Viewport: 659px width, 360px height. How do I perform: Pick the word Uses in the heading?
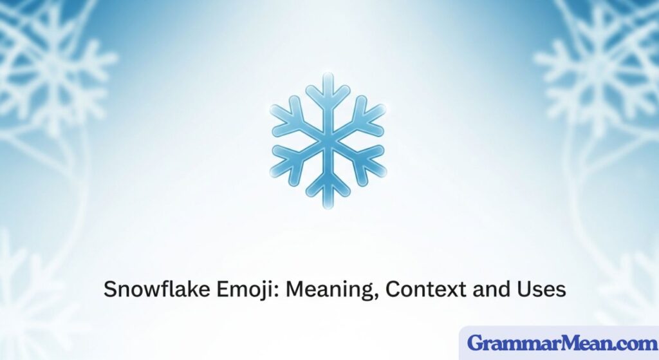(x=541, y=289)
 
